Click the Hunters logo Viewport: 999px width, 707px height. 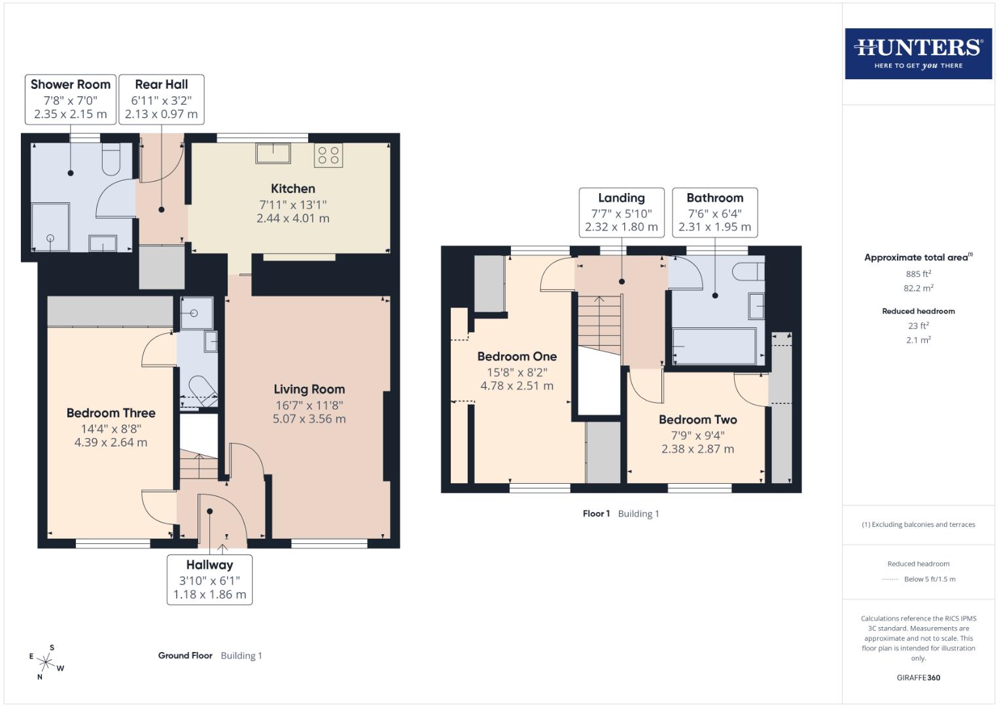coord(918,54)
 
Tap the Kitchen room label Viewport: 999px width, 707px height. coord(293,189)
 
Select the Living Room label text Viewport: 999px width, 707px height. coord(309,389)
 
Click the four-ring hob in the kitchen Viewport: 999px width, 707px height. coord(328,155)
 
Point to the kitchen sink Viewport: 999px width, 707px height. coord(273,153)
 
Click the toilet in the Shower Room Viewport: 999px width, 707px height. coord(111,160)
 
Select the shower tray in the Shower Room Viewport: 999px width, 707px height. coord(50,227)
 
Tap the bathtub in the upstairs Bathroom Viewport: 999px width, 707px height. coord(714,345)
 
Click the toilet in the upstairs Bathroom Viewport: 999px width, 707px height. coord(748,271)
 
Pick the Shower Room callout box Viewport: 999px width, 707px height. coord(71,99)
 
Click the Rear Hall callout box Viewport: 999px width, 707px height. coord(162,99)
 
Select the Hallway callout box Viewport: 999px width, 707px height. coord(209,579)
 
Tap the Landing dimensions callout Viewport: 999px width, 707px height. coord(622,212)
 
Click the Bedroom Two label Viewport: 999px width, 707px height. coord(697,420)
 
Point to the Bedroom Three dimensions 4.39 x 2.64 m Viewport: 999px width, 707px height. coord(111,443)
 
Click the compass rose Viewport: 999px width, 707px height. coord(46,662)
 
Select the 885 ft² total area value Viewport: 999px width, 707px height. coord(918,274)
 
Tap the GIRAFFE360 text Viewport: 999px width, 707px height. coord(918,678)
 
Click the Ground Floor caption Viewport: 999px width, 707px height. coord(185,655)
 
